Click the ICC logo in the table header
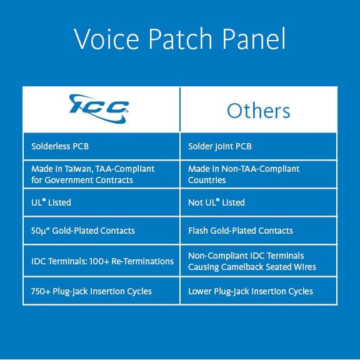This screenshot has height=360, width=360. click(x=100, y=107)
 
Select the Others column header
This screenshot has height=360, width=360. click(x=258, y=111)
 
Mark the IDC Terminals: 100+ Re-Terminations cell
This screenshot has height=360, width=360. click(x=102, y=261)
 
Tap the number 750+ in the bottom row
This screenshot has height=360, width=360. click(x=41, y=291)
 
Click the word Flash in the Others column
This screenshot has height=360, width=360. click(x=199, y=231)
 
